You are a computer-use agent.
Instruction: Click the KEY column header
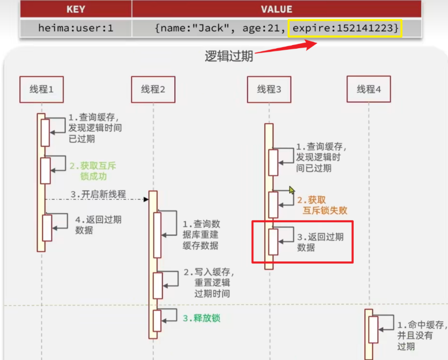[x=76, y=9]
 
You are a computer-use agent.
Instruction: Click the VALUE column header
[x=276, y=9]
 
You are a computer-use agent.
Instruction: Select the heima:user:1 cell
[x=76, y=28]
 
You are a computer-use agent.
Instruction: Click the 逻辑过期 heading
[x=229, y=56]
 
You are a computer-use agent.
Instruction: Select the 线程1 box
[x=42, y=89]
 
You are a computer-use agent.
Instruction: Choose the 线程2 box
[x=153, y=89]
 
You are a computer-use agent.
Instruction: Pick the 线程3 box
[x=269, y=89]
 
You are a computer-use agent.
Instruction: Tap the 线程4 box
[x=369, y=89]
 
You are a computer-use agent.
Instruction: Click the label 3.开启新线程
[x=98, y=194]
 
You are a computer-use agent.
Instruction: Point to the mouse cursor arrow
[x=292, y=190]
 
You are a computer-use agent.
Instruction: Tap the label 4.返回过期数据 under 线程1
[x=98, y=224]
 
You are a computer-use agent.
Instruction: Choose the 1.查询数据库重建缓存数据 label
[x=201, y=235]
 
